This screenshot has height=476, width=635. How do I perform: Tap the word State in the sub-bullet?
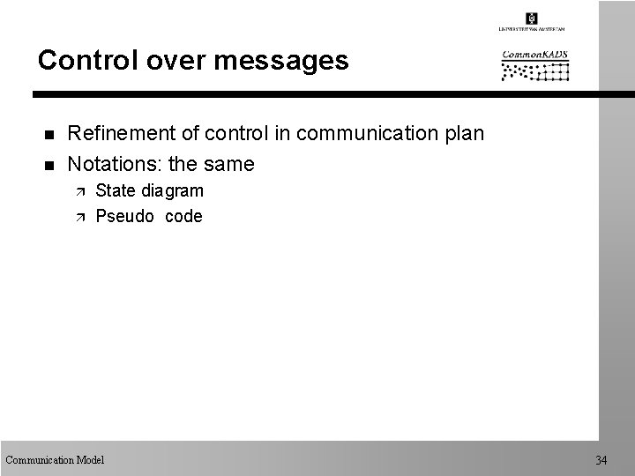(x=116, y=190)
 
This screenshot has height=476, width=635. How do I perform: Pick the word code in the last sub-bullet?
(x=183, y=216)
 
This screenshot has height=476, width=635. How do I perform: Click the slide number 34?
(x=601, y=460)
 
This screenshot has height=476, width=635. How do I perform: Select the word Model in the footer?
(x=90, y=459)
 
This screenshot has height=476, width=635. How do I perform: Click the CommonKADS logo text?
(x=535, y=56)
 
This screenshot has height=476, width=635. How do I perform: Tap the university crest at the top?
(x=531, y=17)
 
